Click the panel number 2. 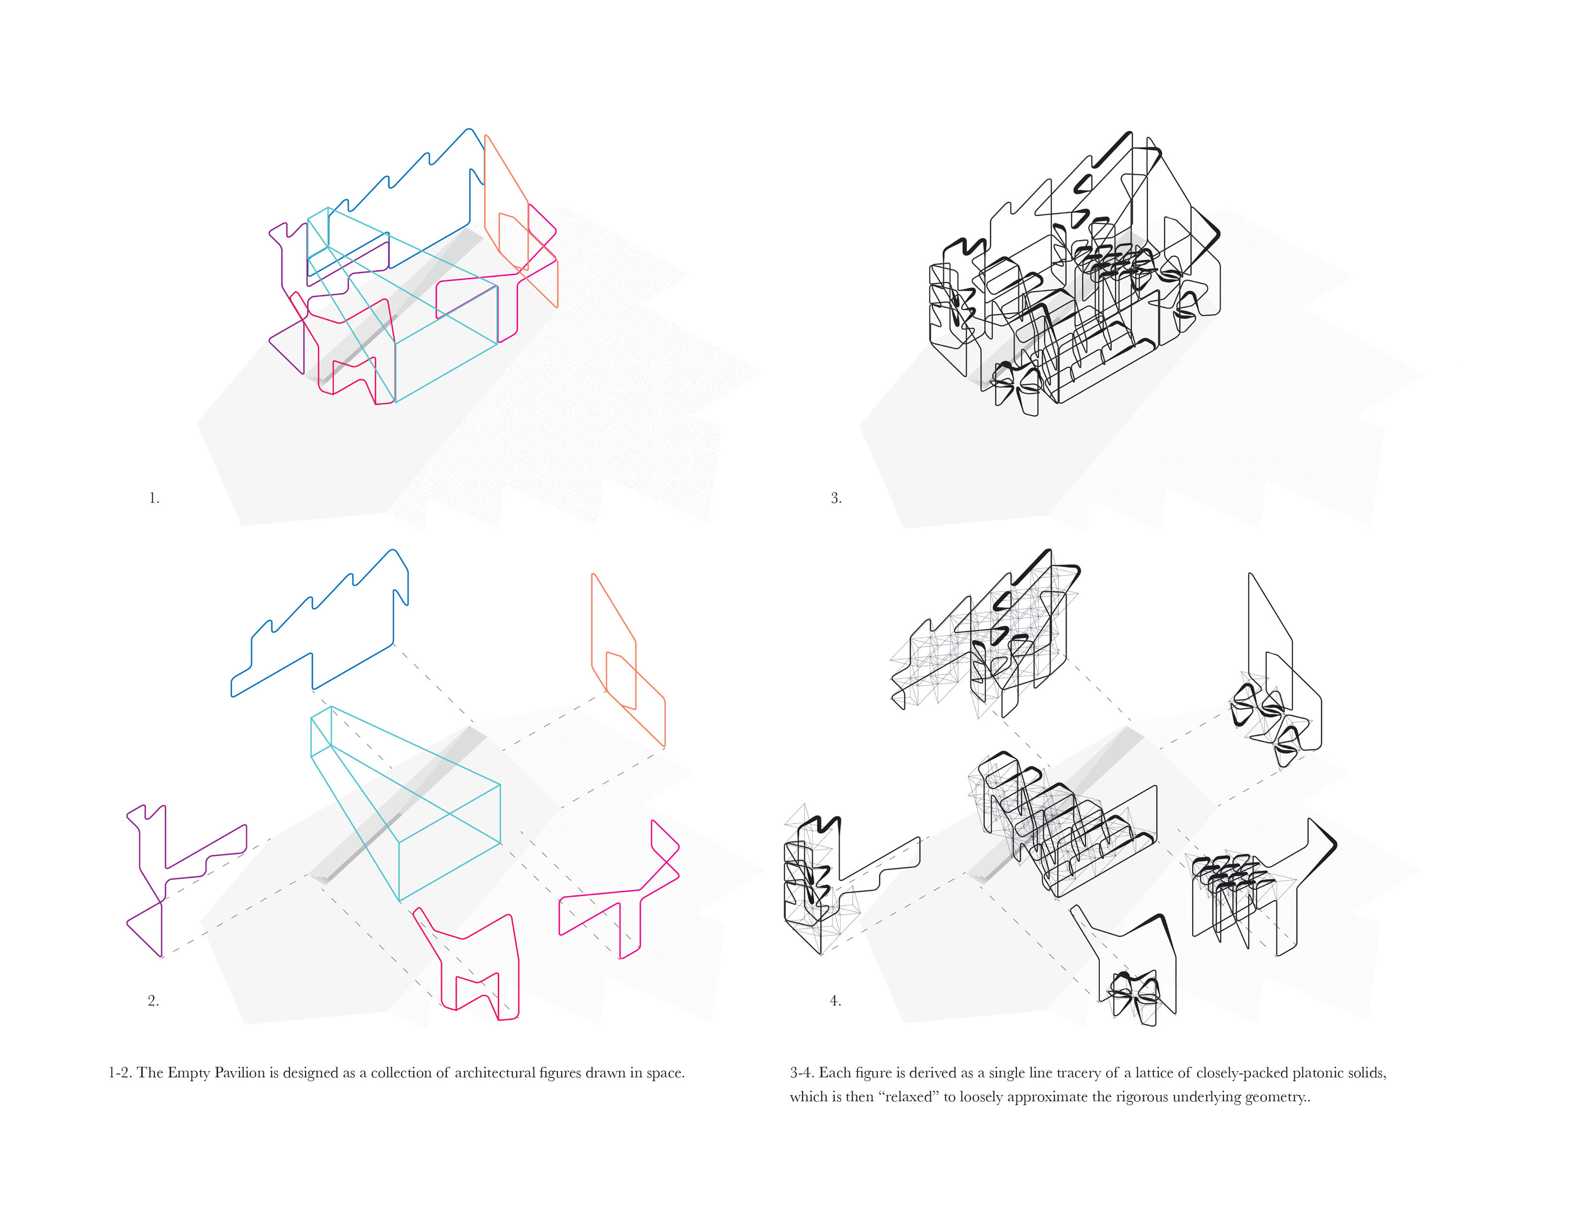point(153,1001)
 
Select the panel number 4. point(835,1001)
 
